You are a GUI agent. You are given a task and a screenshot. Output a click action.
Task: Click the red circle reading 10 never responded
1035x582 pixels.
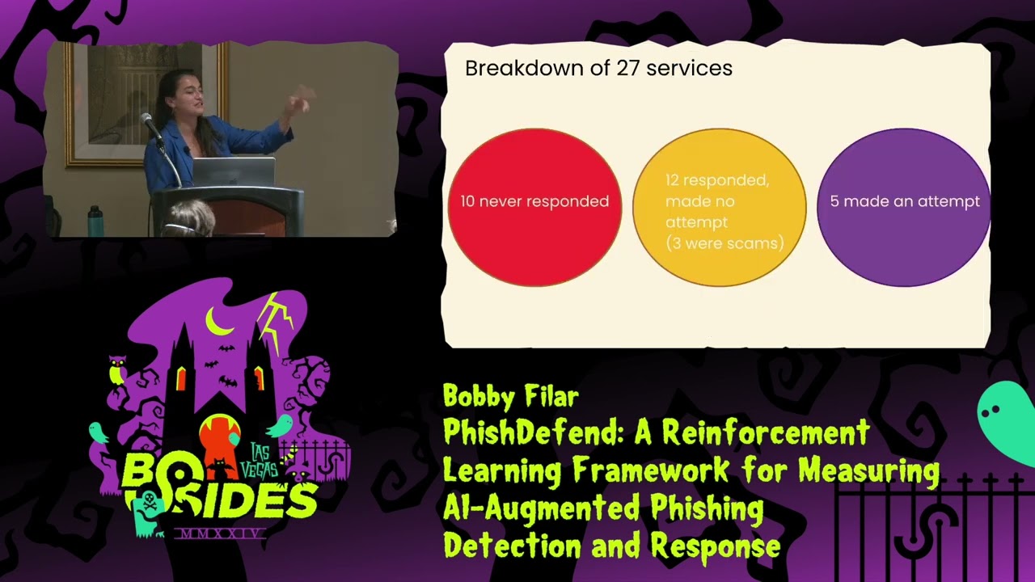click(x=534, y=206)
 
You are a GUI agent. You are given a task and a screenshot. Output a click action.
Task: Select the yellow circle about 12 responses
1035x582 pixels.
click(x=719, y=208)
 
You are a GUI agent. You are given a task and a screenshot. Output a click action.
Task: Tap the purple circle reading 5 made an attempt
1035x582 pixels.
click(x=904, y=206)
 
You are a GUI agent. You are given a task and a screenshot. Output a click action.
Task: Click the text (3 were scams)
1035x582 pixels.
click(x=724, y=243)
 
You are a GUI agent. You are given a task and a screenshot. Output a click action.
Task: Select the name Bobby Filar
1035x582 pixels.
click(x=510, y=396)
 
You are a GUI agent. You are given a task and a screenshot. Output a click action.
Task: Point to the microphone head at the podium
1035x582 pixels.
click(x=147, y=120)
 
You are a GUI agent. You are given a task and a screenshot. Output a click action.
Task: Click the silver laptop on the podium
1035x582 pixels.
click(x=233, y=171)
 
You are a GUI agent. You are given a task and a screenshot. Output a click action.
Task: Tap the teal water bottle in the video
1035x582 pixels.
click(x=95, y=221)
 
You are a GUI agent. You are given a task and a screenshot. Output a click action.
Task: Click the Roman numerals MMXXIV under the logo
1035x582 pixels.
click(x=220, y=534)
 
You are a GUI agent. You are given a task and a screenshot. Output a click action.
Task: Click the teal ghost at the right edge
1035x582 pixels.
click(x=1007, y=420)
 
